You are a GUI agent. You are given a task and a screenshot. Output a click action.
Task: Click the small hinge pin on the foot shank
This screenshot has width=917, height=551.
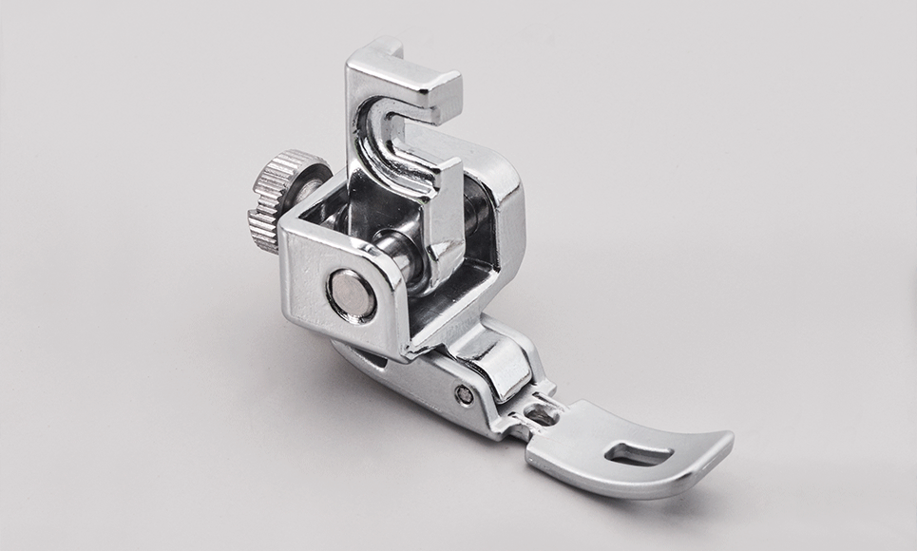pos(463,392)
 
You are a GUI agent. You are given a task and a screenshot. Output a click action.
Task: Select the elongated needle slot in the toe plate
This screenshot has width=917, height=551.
pos(630,455)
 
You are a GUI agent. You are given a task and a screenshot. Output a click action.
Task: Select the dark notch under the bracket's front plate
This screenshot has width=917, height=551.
pos(375,355)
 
